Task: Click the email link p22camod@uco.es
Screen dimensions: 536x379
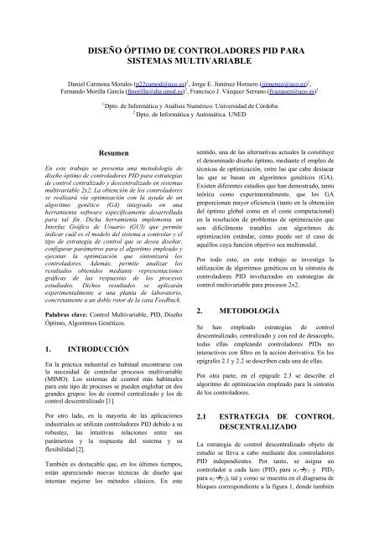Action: [150, 85]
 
